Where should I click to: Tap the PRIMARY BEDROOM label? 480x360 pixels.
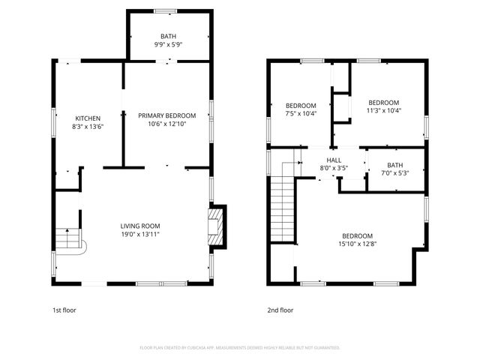pyautogui.click(x=166, y=115)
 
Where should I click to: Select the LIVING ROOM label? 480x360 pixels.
pyautogui.click(x=141, y=226)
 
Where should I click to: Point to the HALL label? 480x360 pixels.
pyautogui.click(x=334, y=160)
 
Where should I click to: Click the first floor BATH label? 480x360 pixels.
pyautogui.click(x=169, y=36)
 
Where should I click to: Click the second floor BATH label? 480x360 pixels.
pyautogui.click(x=394, y=165)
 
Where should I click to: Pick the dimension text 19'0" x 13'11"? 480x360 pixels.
pyautogui.click(x=141, y=234)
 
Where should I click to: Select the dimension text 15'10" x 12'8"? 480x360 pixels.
pyautogui.click(x=356, y=242)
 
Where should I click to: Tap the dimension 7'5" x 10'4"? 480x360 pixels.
pyautogui.click(x=301, y=114)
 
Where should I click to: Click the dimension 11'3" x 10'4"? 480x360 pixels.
pyautogui.click(x=383, y=111)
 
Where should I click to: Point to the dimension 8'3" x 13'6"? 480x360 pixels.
pyautogui.click(x=88, y=127)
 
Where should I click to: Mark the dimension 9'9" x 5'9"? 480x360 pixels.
pyautogui.click(x=169, y=44)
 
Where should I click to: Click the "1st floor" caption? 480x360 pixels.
pyautogui.click(x=64, y=310)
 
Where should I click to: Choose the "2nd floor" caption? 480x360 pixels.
pyautogui.click(x=280, y=310)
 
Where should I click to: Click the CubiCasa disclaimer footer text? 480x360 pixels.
pyautogui.click(x=240, y=348)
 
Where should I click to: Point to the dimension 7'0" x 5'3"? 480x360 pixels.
pyautogui.click(x=394, y=173)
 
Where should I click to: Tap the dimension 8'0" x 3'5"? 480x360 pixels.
pyautogui.click(x=334, y=168)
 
